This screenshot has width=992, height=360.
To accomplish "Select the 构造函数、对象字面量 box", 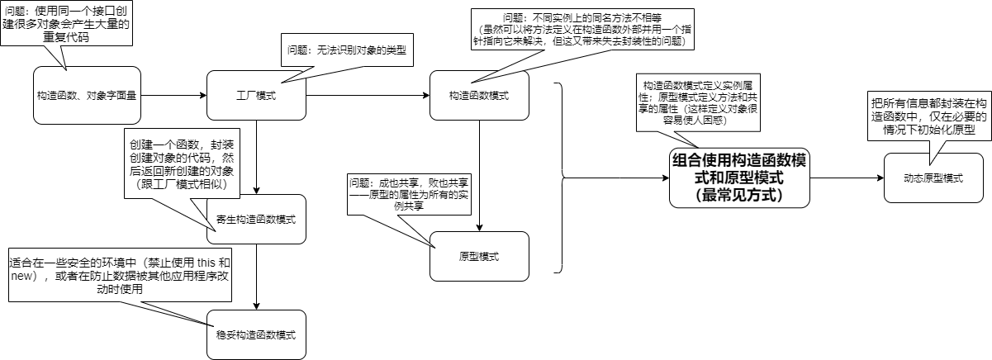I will point(86,95).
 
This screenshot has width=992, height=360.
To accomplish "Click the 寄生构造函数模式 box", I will point(256,219).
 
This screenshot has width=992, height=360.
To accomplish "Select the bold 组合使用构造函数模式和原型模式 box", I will point(738,177).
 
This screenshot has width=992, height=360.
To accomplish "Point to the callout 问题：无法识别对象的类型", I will point(346,50).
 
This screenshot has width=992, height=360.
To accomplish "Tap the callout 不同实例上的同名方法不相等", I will point(583,28).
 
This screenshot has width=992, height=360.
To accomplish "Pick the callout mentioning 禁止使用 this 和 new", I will point(120,276).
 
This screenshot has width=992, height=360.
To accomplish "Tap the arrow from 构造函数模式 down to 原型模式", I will point(480,174).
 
